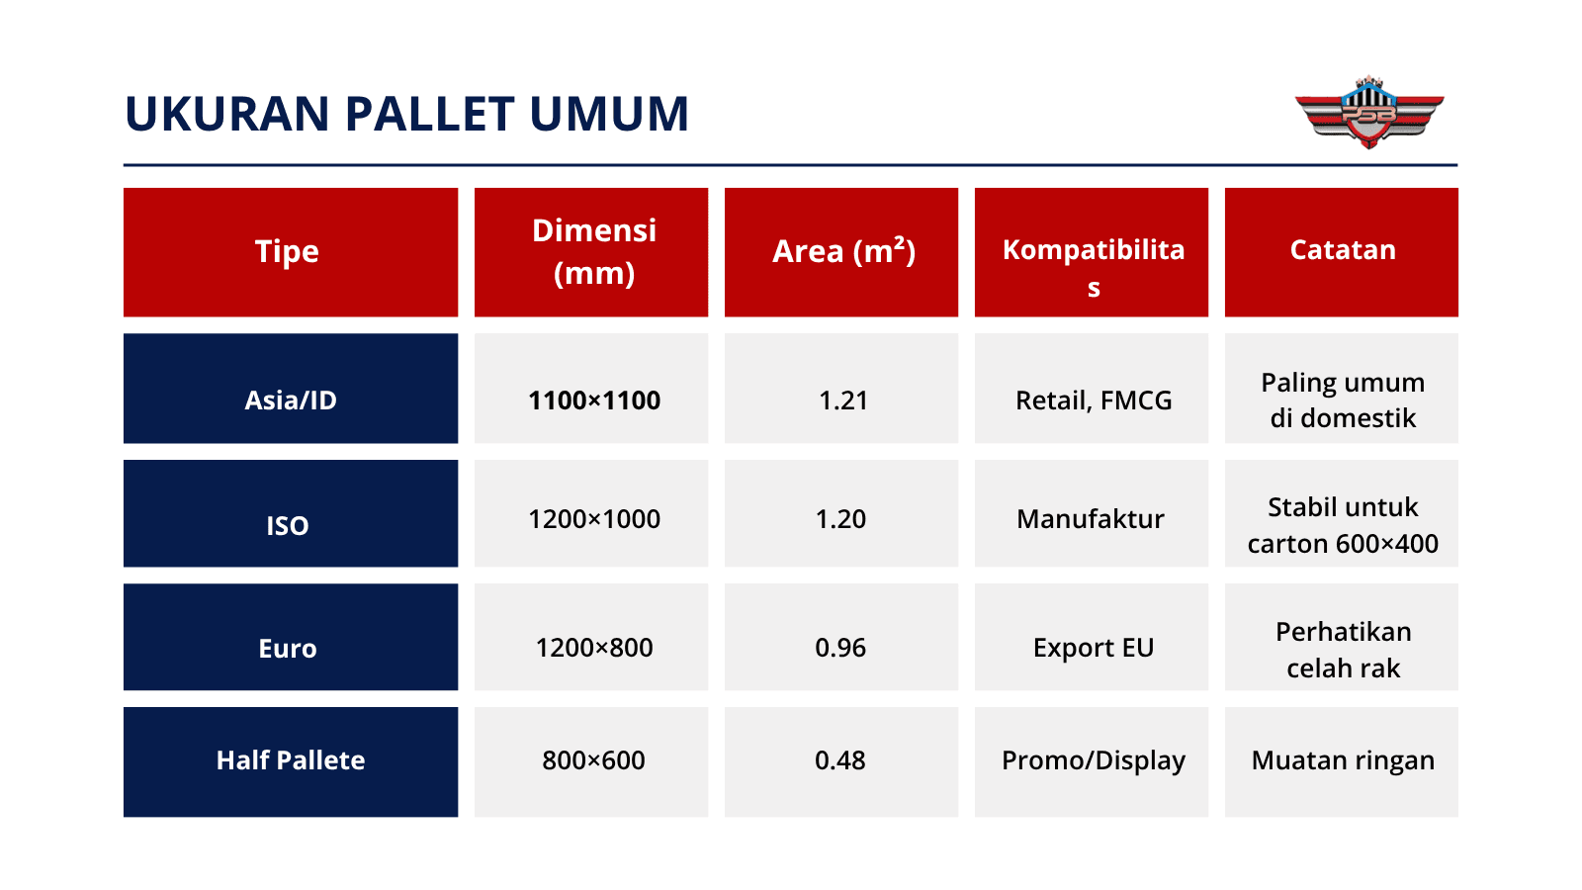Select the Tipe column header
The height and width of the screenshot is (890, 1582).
pyautogui.click(x=288, y=251)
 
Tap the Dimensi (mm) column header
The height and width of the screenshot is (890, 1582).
pyautogui.click(x=593, y=251)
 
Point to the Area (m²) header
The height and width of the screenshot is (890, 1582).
pyautogui.click(x=842, y=251)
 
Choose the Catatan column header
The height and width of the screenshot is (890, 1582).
pyautogui.click(x=1342, y=250)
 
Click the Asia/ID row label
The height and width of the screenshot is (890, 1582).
pyautogui.click(x=291, y=400)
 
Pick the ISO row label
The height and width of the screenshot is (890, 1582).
pyautogui.click(x=288, y=525)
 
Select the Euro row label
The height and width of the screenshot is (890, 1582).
pyautogui.click(x=288, y=648)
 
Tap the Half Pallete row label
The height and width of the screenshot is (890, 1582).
pyautogui.click(x=291, y=759)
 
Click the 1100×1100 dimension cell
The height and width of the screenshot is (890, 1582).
pyautogui.click(x=593, y=400)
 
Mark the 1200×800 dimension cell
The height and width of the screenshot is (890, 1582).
pyautogui.click(x=593, y=648)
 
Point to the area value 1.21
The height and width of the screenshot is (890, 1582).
pyautogui.click(x=842, y=400)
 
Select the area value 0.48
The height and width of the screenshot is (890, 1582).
pyautogui.click(x=840, y=759)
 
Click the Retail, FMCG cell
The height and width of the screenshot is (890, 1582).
pyautogui.click(x=1093, y=400)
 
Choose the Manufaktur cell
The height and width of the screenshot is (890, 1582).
pyautogui.click(x=1091, y=519)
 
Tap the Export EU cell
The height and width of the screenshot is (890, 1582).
pyautogui.click(x=1093, y=648)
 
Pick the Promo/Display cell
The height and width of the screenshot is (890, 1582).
pyautogui.click(x=1093, y=759)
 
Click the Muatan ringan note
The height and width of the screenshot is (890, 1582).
pyautogui.click(x=1342, y=759)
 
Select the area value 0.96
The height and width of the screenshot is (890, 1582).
pyautogui.click(x=840, y=648)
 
